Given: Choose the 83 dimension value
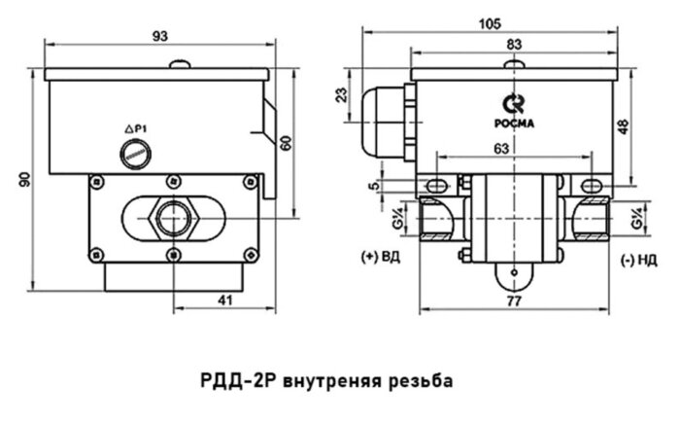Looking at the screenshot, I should [514, 45].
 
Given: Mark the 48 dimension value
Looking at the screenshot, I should [623, 126].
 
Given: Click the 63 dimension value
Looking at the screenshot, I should [500, 149].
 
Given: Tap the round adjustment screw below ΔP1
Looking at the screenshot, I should [133, 152].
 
